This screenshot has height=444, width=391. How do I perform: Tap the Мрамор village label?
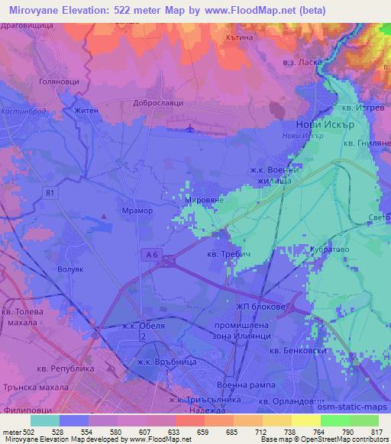click(x=137, y=211)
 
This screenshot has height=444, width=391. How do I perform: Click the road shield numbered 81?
click(x=51, y=193)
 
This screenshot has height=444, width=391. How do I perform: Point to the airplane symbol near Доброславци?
click(x=191, y=127)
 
